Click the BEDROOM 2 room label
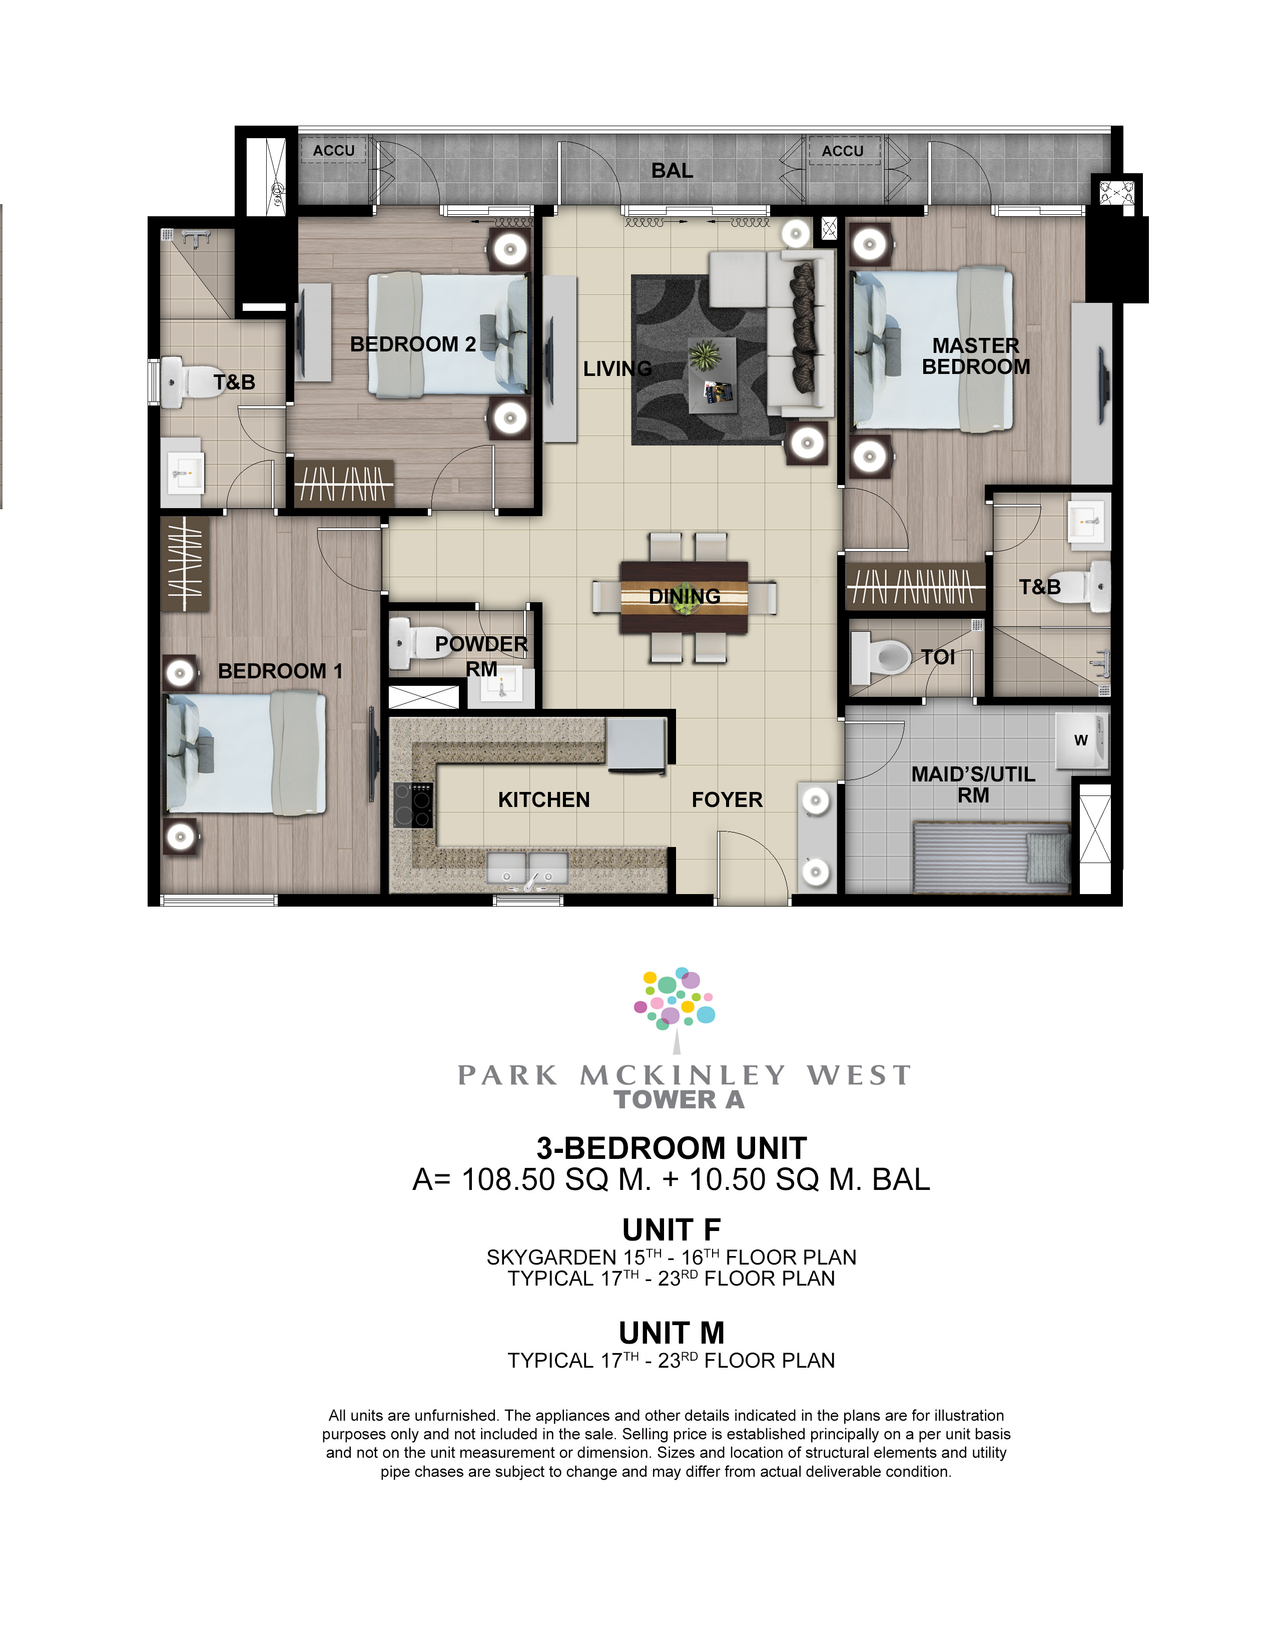(x=413, y=344)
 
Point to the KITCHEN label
(x=543, y=799)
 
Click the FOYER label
(x=727, y=799)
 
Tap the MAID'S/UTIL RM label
(x=973, y=784)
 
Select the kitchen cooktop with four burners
(x=413, y=805)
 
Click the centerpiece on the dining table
(x=684, y=597)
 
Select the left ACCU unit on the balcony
(x=333, y=151)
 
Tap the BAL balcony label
(x=672, y=171)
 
